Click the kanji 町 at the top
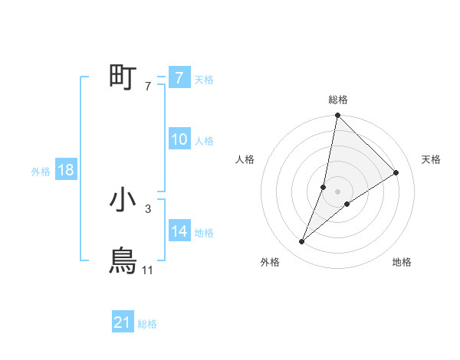point(123,77)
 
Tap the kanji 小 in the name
point(123,201)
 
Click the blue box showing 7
point(179,78)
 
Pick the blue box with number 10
point(179,139)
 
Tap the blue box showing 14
point(179,231)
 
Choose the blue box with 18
point(66,170)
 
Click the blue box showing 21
point(123,323)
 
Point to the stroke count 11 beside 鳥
point(148,270)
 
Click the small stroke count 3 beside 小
point(147,208)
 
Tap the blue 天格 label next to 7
point(204,80)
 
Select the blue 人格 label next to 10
point(204,141)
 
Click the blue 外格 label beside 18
point(41,172)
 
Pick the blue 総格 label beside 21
point(147,325)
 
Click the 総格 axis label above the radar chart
point(337,100)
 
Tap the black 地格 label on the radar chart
point(402,263)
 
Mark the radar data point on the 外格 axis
point(302,242)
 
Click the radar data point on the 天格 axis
point(396,172)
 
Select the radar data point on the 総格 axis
point(337,116)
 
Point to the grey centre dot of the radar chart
point(337,191)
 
